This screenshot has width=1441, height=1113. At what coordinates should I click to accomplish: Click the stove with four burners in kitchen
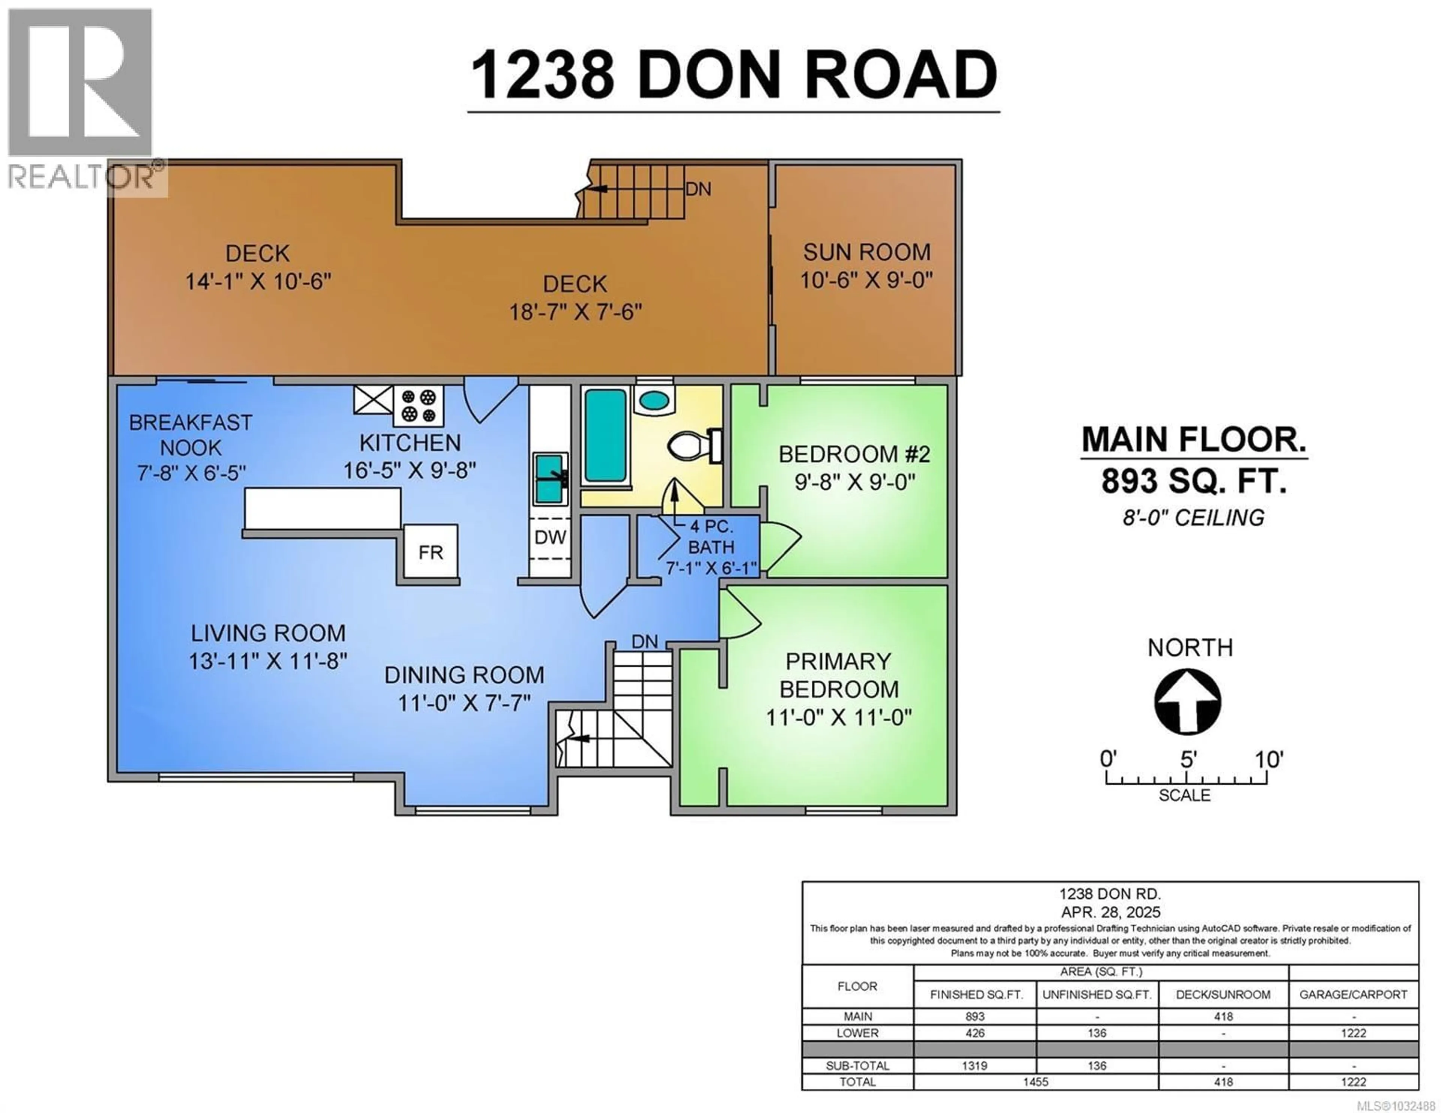pos(418,406)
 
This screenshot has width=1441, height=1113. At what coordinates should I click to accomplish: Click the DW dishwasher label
pos(550,538)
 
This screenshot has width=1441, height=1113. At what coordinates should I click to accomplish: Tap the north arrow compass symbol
pos(1187,702)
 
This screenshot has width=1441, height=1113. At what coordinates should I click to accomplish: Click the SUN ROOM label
pos(866,252)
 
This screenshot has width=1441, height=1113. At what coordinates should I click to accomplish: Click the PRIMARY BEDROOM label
pos(839,675)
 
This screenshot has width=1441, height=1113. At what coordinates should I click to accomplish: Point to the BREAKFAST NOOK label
pos(191,435)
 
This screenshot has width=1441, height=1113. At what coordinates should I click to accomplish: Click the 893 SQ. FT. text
pos(1194,482)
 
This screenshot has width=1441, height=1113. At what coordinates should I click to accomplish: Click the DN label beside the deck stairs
pos(698,189)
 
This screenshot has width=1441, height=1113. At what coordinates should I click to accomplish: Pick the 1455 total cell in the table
pos(1035,1082)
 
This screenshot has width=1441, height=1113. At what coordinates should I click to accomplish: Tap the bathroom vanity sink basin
pos(654,400)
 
